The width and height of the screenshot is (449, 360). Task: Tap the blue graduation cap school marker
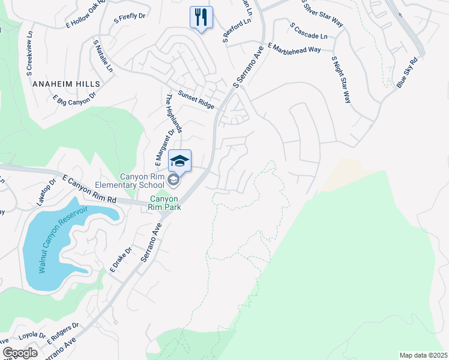pyautogui.click(x=179, y=161)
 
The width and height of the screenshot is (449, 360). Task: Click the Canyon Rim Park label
pyautogui.click(x=165, y=203)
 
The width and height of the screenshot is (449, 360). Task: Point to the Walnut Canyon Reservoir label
pyautogui.click(x=62, y=240)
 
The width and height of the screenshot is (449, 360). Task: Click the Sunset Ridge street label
pyautogui.click(x=196, y=100)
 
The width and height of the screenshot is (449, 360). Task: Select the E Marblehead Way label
pyautogui.click(x=294, y=48)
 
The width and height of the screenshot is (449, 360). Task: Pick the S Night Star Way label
pyautogui.click(x=341, y=80)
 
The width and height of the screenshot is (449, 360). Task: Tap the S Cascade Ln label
pyautogui.click(x=309, y=31)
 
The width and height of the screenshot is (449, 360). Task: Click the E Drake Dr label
pyautogui.click(x=121, y=260)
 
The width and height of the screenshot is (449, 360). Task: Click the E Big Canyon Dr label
pyautogui.click(x=74, y=100)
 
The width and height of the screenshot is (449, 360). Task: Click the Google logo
pyautogui.click(x=20, y=353)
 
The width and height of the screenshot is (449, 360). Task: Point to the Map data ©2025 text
pyautogui.click(x=423, y=355)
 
